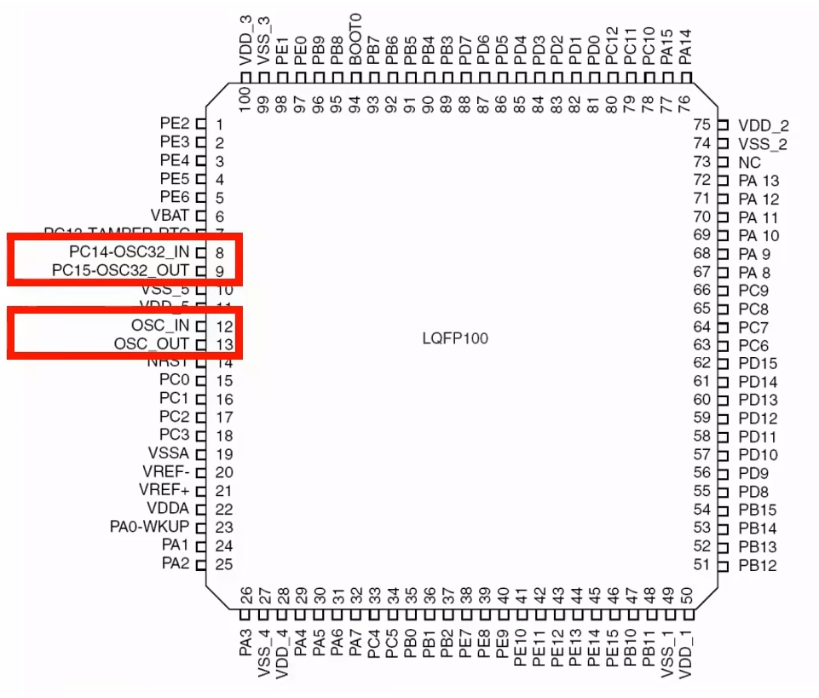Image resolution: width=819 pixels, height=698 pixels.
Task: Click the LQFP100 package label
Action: (x=455, y=338)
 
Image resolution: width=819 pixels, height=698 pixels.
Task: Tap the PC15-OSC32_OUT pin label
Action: (x=121, y=271)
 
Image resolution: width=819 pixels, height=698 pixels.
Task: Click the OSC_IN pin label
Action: (x=160, y=326)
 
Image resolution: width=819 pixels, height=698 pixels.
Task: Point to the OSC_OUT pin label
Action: (x=152, y=344)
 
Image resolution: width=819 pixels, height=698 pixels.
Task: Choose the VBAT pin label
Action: (x=170, y=216)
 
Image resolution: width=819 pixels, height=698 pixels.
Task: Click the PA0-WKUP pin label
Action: (x=149, y=527)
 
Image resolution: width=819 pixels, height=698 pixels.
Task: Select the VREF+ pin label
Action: (x=164, y=490)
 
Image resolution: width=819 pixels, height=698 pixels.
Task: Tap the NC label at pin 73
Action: (x=749, y=162)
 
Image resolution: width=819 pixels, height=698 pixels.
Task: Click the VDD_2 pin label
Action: (x=764, y=125)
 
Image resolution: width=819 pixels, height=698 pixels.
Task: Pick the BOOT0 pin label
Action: (x=355, y=34)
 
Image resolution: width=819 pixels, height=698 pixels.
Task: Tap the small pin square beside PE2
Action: (x=201, y=124)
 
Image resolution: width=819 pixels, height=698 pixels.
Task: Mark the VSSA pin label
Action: (x=168, y=453)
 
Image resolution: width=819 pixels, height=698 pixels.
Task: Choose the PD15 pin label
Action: (x=758, y=363)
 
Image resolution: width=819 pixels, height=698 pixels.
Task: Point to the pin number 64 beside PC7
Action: (x=702, y=326)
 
